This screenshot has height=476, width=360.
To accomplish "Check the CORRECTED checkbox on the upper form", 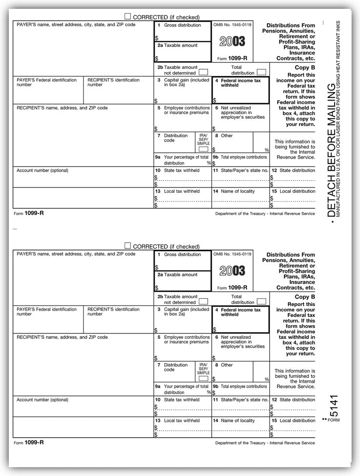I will click(128, 16).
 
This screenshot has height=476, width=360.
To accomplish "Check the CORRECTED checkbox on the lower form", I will click(128, 246).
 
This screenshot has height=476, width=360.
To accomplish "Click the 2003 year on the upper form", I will click(232, 41).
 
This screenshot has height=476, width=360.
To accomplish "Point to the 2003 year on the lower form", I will click(232, 270).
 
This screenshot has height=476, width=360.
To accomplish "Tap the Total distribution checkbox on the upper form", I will click(261, 72).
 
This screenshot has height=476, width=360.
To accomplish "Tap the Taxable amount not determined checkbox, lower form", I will click(203, 302).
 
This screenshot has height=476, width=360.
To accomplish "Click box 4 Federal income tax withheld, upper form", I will click(240, 90).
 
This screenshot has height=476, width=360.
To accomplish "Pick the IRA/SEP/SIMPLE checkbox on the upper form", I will click(203, 149).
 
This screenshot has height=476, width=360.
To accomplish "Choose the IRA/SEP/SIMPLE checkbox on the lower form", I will click(203, 378).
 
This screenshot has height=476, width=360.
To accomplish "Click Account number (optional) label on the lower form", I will click(42, 399).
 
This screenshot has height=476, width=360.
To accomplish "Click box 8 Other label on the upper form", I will click(227, 136).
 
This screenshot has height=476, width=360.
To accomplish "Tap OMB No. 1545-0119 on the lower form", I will click(232, 254).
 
